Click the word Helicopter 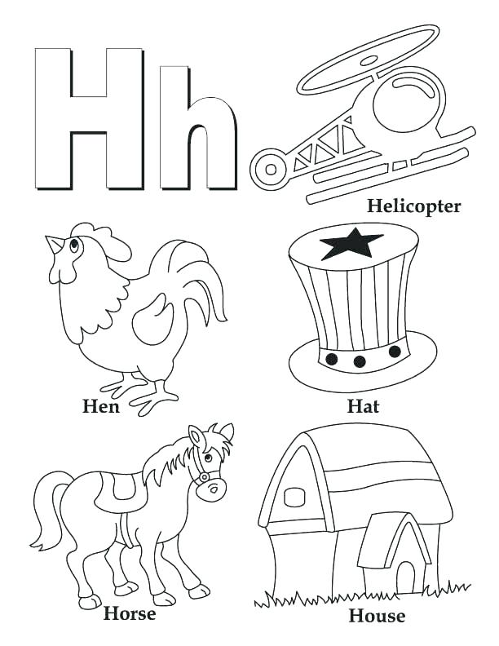[x=413, y=206]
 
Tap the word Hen [x=101, y=405]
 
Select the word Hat [x=364, y=405]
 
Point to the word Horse [x=130, y=613]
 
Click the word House [x=377, y=615]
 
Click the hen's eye [x=74, y=243]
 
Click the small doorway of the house [x=404, y=575]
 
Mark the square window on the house [x=294, y=497]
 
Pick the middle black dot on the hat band [x=359, y=361]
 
